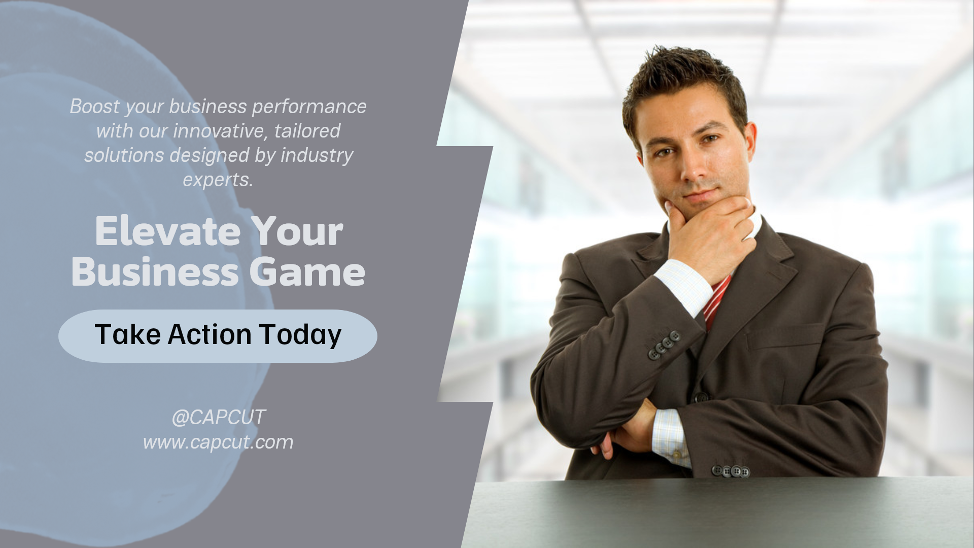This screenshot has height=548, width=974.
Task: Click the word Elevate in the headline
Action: pos(167,231)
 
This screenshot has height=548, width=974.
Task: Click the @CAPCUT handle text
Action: pos(218,417)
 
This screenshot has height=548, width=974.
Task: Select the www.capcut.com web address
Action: pos(218,442)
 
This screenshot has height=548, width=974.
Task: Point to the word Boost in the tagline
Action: pos(95,107)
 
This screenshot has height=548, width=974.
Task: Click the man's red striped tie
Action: pos(716,302)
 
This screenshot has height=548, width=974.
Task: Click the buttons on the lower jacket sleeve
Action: pos(730,471)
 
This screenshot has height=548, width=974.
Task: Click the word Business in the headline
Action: pos(155,272)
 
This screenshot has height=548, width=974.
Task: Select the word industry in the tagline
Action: pos(317,155)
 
